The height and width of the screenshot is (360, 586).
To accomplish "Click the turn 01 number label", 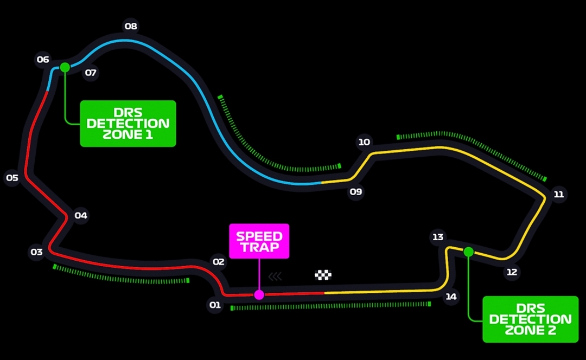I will point(215,305).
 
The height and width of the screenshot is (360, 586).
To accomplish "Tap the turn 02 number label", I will point(218,262).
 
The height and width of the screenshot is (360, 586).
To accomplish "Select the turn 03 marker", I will point(36,252).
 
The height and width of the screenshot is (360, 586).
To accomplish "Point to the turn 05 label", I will point(12,178).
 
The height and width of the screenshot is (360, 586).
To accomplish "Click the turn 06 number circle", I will point(43,60).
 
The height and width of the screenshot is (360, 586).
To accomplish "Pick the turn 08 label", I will point(131,26).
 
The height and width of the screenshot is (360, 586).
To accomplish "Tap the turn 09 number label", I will point(356,191).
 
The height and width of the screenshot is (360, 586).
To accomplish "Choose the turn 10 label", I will point(364,142).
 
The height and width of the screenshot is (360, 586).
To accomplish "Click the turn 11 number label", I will point(558,194).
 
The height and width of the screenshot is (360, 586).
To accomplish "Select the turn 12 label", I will point(512,272).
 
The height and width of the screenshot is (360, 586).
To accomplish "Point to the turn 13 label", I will point(438,237).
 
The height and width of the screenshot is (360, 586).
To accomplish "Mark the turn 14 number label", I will point(451,297).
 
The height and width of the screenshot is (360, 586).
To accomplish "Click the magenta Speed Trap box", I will point(259,241).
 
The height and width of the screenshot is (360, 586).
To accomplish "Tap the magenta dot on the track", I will point(259,294).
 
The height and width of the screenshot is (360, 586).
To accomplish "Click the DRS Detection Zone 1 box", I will point(128,124).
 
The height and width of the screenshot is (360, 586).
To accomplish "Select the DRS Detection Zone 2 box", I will point(530,319).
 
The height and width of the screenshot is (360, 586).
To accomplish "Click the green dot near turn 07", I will point(65,67).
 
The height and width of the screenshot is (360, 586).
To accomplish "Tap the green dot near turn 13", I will point(468,251).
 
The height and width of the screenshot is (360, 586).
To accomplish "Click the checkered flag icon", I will point(323,275).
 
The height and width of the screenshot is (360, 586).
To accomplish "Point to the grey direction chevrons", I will point(275,277).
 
